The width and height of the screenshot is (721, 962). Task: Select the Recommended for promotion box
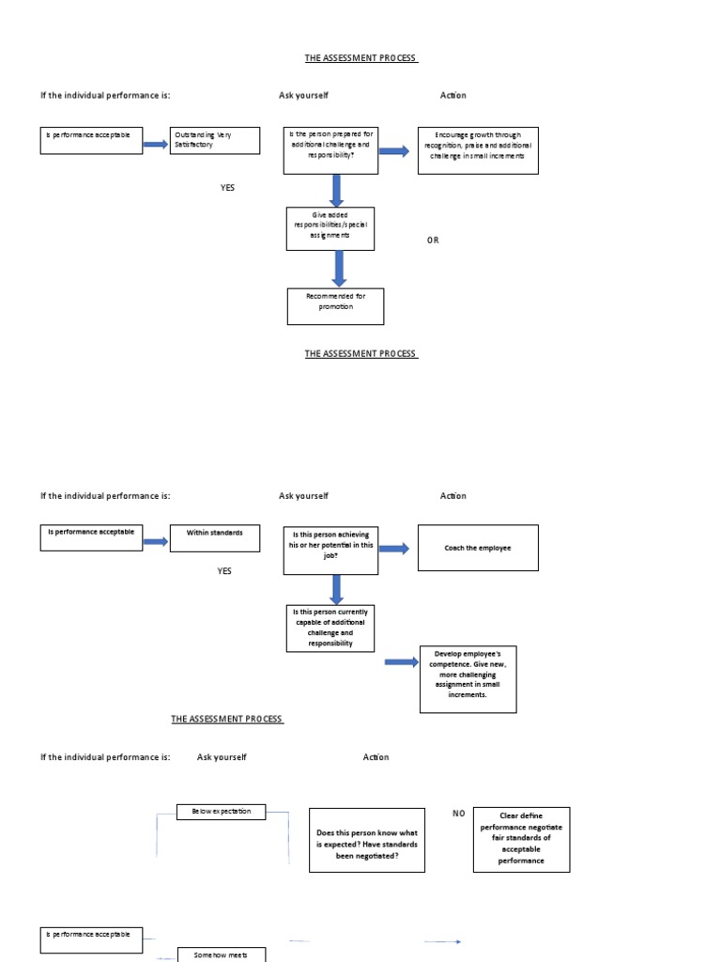(x=335, y=306)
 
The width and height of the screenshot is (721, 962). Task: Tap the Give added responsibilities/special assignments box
(x=330, y=228)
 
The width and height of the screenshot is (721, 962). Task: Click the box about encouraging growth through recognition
(x=478, y=150)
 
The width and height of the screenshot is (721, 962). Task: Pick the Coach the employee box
(x=479, y=548)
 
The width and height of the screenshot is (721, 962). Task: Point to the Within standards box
(x=215, y=537)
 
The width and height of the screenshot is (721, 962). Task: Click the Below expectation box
(x=222, y=811)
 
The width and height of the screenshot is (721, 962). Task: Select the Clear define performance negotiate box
(x=521, y=839)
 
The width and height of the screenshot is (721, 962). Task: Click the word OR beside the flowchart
(x=433, y=240)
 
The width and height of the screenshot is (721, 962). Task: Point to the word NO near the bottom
(x=459, y=814)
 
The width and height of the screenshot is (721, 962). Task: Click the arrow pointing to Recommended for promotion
(x=339, y=269)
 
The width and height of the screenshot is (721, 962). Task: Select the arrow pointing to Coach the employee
(x=393, y=549)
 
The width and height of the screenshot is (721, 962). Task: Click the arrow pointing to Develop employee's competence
(x=402, y=662)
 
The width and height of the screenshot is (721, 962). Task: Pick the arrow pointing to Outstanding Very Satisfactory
(x=155, y=144)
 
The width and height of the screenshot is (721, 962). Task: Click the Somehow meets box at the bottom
(x=222, y=954)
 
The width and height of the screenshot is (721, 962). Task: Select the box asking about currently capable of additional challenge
(x=330, y=628)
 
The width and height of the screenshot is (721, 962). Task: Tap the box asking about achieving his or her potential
(x=330, y=550)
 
